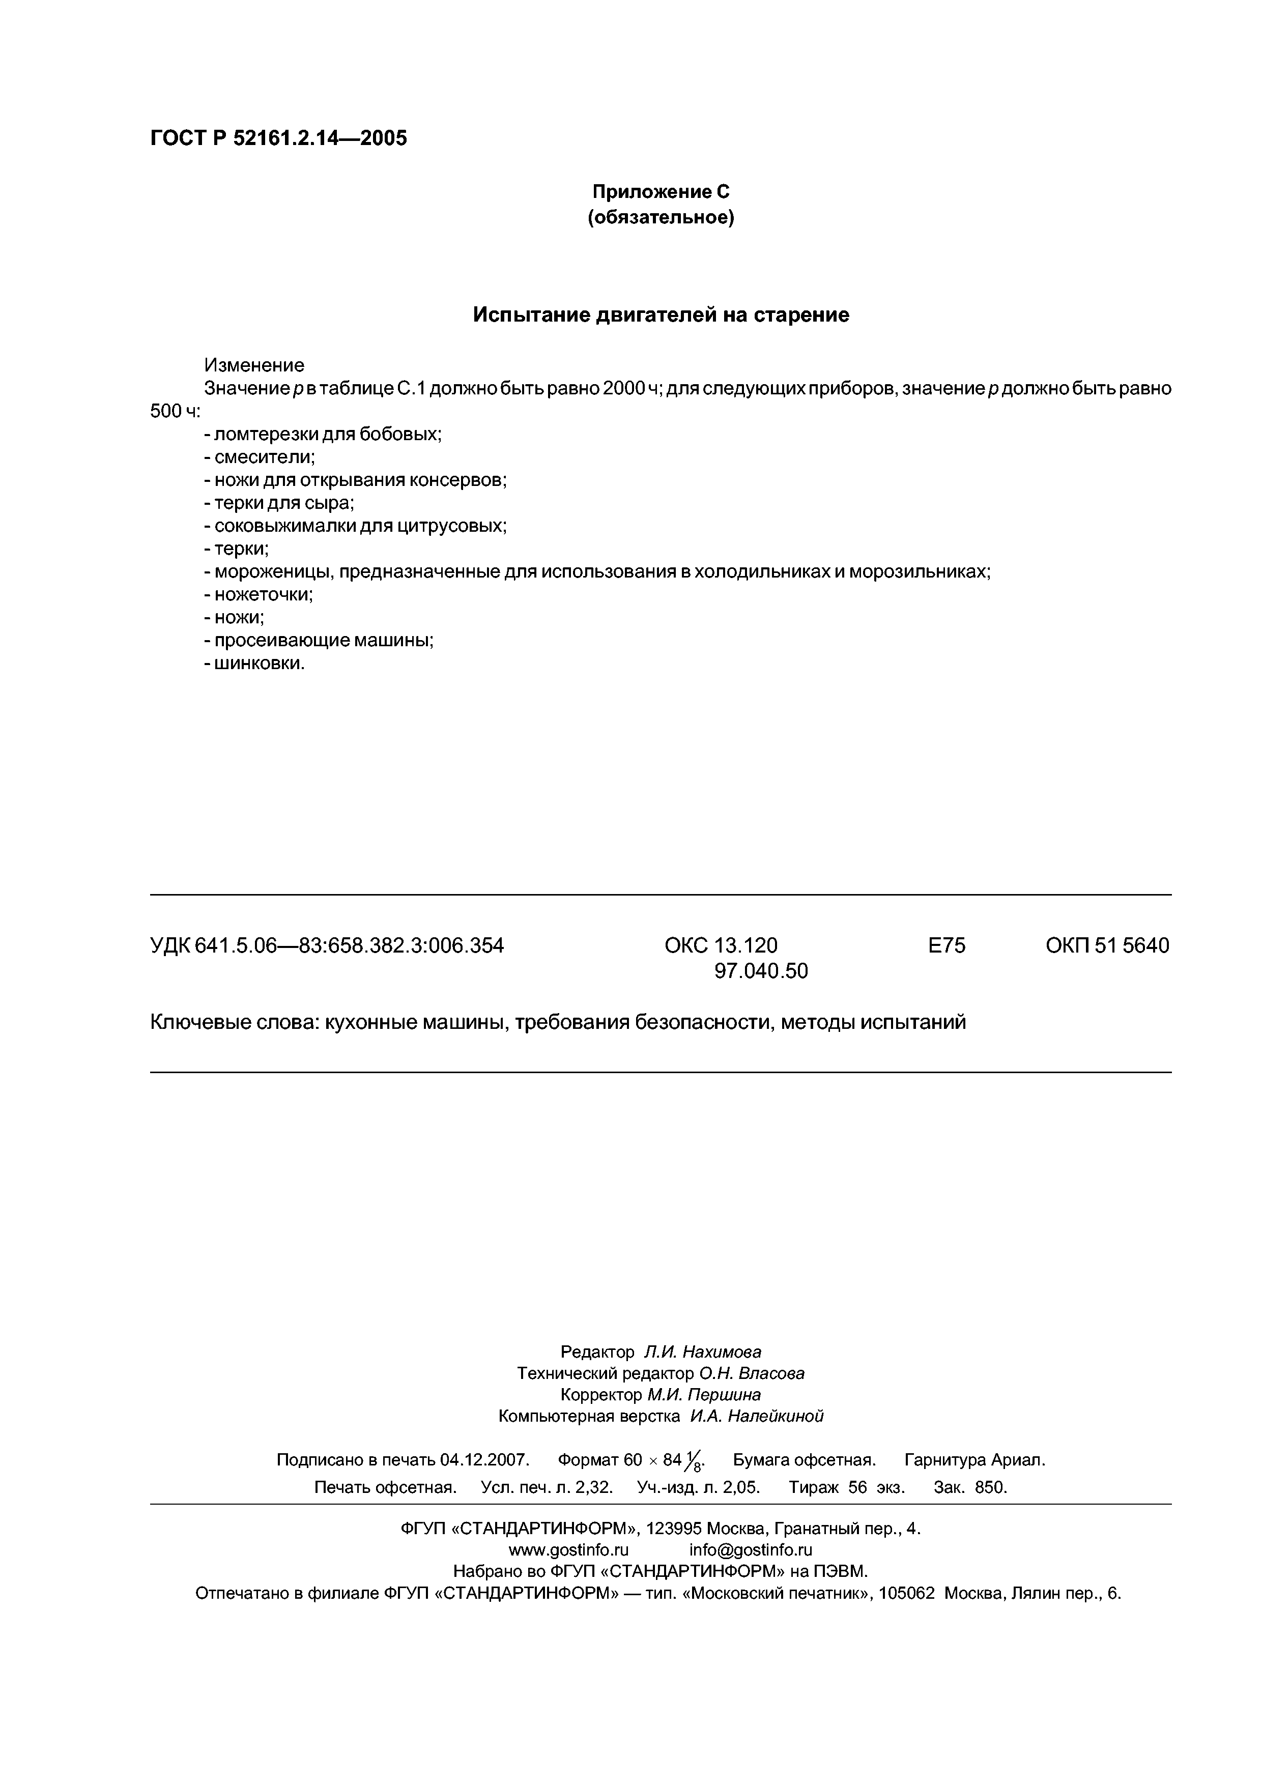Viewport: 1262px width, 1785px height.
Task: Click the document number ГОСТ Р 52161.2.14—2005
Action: click(278, 138)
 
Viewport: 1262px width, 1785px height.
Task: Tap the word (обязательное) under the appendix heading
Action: click(661, 218)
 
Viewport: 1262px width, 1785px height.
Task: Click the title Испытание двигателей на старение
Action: click(661, 315)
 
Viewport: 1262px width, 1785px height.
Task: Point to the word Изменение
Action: click(254, 365)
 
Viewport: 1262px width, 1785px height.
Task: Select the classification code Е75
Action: click(947, 945)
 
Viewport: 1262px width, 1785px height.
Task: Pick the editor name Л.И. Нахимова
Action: click(703, 1352)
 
